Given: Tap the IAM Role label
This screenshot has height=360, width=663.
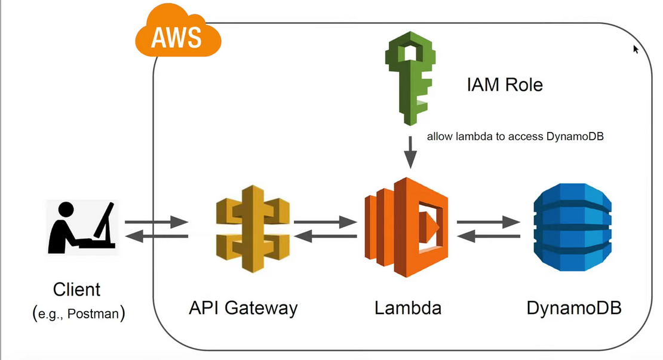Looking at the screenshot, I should (505, 85).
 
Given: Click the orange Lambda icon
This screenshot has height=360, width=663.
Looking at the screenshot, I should (406, 227).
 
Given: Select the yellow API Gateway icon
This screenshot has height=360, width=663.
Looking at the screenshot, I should (251, 228).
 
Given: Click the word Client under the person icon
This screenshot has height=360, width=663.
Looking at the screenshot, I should (77, 290).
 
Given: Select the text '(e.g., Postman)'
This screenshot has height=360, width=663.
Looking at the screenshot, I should (78, 313).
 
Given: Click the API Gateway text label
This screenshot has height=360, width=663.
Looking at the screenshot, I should (243, 308).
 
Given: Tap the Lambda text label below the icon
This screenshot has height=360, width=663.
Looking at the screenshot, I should (408, 308).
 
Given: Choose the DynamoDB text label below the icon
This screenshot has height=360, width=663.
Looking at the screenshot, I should (574, 309).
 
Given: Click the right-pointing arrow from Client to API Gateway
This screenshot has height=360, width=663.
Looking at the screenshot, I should (156, 223).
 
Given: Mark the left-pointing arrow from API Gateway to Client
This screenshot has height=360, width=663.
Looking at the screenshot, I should (156, 237).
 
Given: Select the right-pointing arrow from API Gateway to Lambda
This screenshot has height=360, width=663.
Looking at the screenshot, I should (325, 223).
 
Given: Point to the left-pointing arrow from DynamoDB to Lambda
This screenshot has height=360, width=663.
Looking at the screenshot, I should (489, 237).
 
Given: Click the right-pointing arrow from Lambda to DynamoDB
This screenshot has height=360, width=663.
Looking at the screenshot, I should (489, 223).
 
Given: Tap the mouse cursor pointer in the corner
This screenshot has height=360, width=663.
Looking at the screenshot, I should (636, 50).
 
